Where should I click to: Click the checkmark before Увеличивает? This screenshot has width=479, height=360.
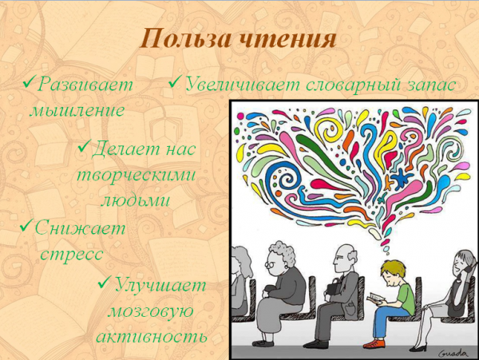tap(175, 84)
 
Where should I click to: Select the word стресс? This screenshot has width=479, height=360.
tap(72, 255)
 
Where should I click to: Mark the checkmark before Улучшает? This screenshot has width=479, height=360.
tap(105, 284)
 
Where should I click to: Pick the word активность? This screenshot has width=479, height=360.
tap(152, 336)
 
